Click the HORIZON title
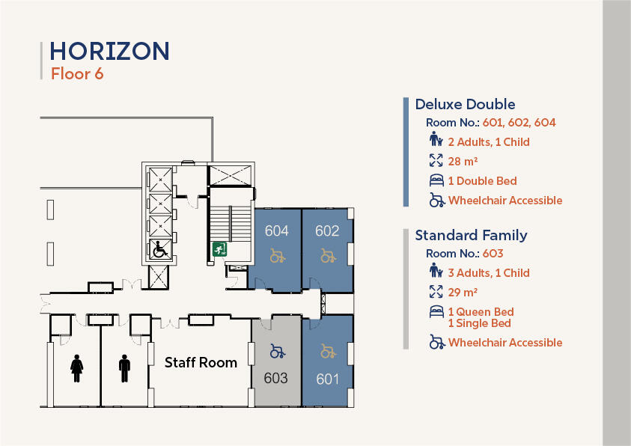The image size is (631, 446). tap(109, 51)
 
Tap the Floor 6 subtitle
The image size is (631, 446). tap(76, 73)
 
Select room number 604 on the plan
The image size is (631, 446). tap(277, 231)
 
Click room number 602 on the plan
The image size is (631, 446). tap(327, 231)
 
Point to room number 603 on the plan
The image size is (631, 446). tap(275, 378)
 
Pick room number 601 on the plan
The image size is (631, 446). tap(328, 379)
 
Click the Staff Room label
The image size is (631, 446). tap(201, 363)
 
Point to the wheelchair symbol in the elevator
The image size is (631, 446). tap(159, 249)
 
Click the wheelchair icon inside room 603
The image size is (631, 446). tap(276, 351)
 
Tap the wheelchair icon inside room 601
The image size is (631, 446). tap(328, 351)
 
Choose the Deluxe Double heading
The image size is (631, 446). tap(465, 105)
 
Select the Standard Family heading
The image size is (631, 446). tap(471, 235)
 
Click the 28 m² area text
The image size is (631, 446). tap(463, 161)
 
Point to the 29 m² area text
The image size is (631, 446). tap(463, 292)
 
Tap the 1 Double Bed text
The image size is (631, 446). tap(482, 181)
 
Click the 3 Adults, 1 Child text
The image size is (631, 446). tap(489, 272)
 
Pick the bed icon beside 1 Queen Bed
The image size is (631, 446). tap(436, 312)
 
